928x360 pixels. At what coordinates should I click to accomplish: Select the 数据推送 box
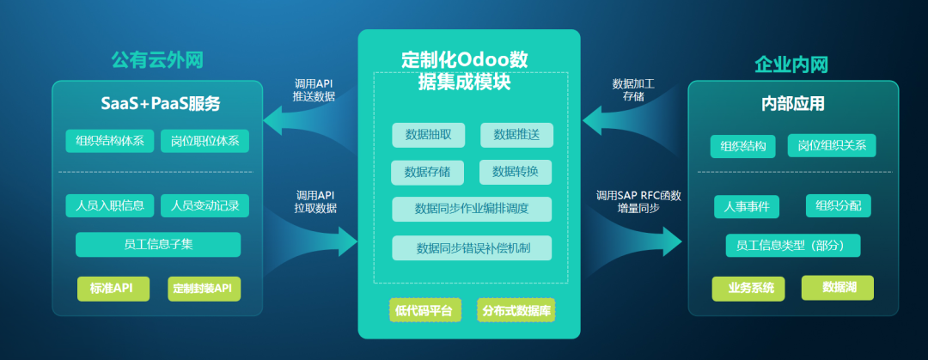pos(516,135)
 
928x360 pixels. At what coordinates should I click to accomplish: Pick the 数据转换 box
pos(516,172)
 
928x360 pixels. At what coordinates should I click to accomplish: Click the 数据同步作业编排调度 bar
pos(472,209)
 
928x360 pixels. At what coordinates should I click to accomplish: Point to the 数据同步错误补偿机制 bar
pos(472,248)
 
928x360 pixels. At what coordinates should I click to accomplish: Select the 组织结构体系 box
pos(109,141)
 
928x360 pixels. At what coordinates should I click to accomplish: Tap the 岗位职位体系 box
pos(205,141)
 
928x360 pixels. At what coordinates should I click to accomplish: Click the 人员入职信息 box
pos(109,205)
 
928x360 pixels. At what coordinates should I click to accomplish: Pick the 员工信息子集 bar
pos(158,244)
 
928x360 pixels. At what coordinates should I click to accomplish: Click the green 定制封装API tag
pos(203,288)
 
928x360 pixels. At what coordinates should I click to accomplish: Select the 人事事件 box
pos(747,207)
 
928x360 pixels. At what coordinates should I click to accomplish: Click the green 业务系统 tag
pos(748,288)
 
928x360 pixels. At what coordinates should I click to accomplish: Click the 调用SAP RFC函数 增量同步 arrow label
pos(638,202)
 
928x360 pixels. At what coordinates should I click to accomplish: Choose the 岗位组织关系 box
pos(831,145)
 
